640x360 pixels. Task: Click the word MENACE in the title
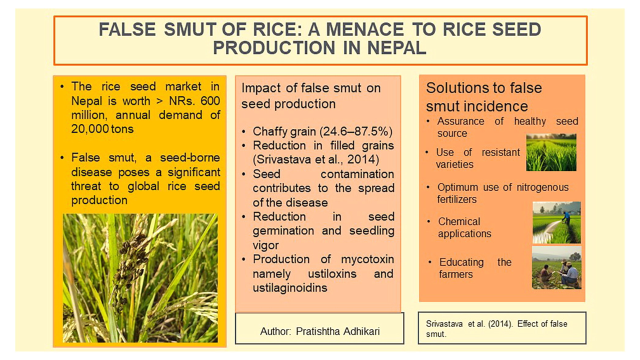tap(365, 29)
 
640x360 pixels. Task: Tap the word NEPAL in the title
tap(397, 47)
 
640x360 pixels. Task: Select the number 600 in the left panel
tap(210, 101)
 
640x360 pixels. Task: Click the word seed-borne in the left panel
tap(189, 157)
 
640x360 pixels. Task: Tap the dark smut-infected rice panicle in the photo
tap(130, 268)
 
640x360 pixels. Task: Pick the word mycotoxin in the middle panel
tap(367, 259)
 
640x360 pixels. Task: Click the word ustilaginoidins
tap(289, 287)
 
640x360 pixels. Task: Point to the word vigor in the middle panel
tap(265, 245)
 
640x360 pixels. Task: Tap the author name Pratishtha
tap(317, 331)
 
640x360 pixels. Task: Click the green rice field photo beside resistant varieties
tap(551, 152)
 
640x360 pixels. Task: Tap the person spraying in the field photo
tap(565, 217)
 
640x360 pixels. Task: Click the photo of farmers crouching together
tap(556, 267)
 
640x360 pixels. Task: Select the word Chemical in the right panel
tap(459, 221)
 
